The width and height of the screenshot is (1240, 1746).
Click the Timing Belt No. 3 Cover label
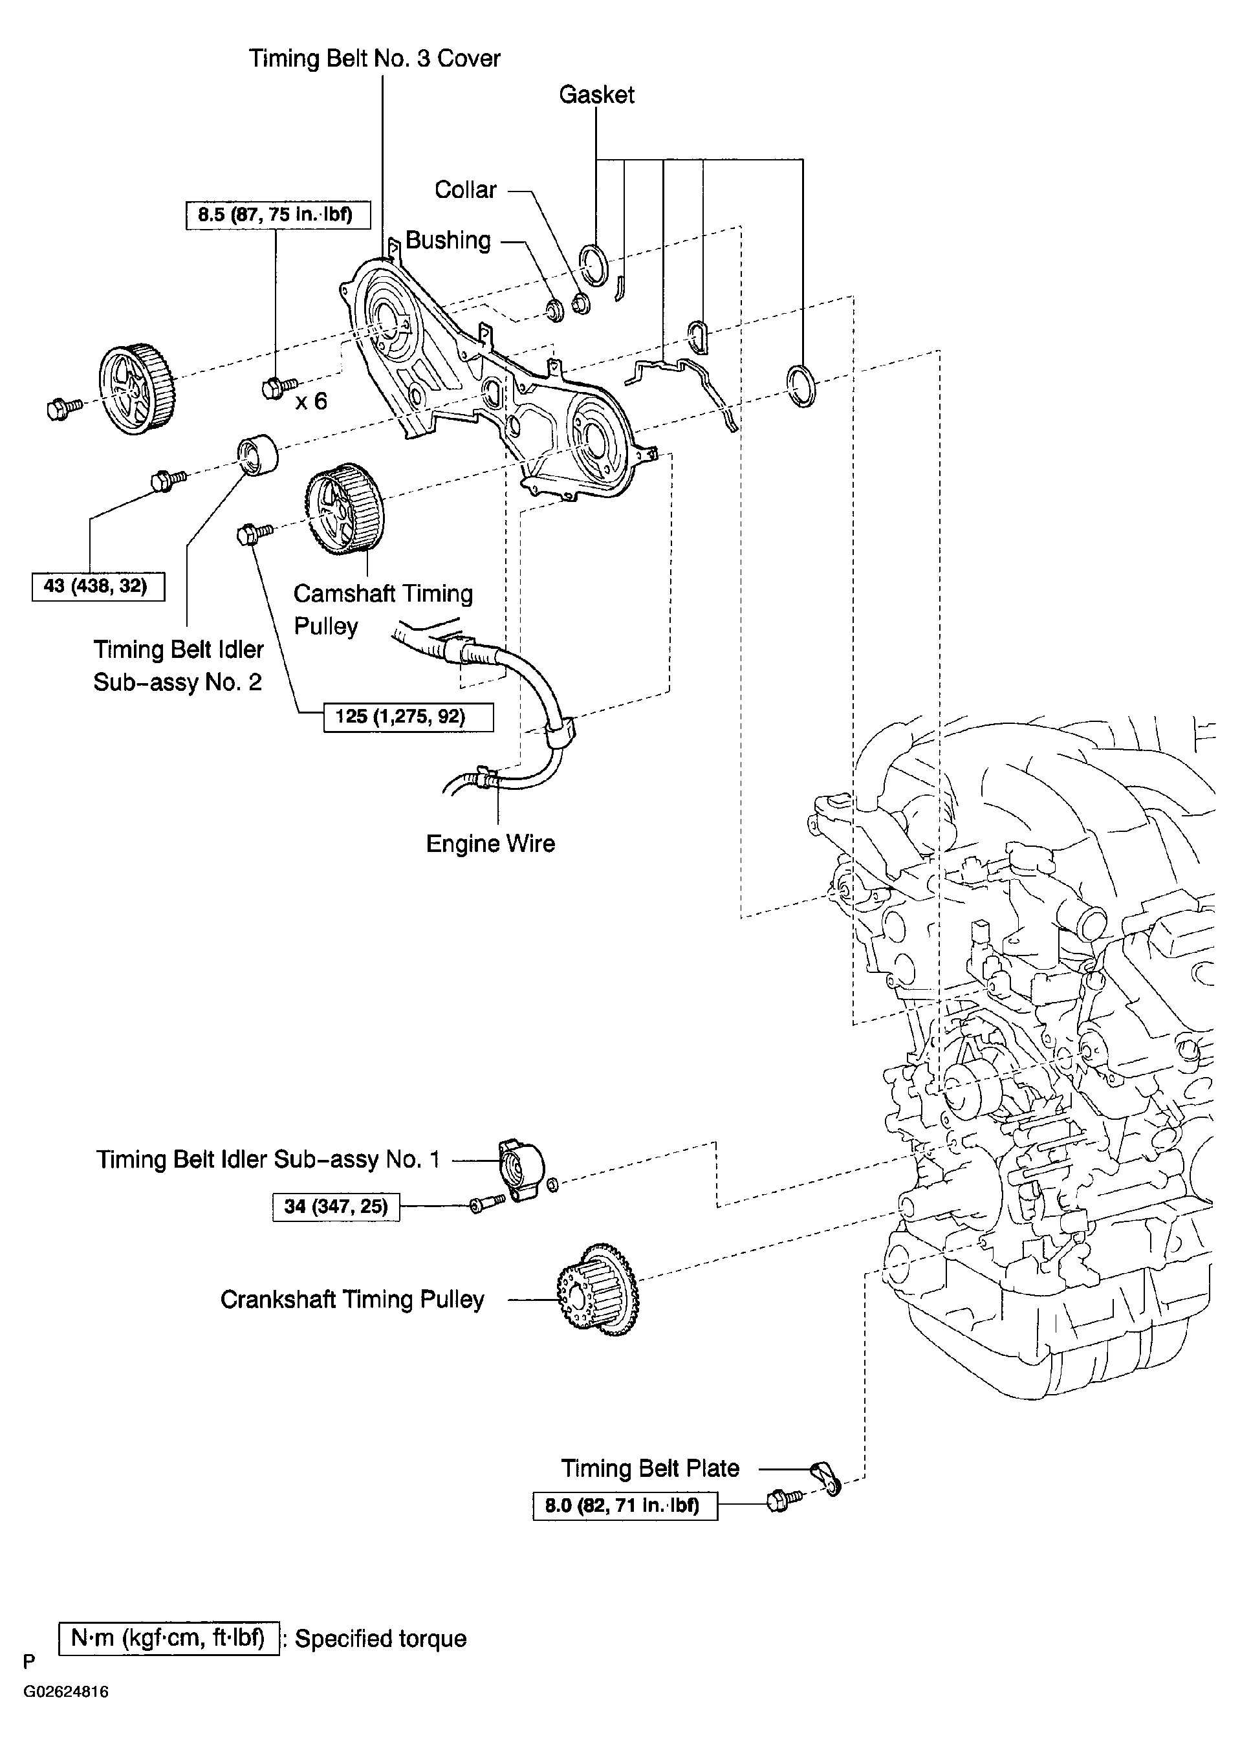click(374, 59)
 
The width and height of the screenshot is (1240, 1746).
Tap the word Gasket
click(596, 94)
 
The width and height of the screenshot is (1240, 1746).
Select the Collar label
click(466, 190)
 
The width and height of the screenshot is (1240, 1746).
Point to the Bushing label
click(448, 241)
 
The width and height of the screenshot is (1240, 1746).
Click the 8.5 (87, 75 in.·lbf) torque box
click(278, 215)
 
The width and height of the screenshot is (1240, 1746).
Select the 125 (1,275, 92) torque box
click(409, 717)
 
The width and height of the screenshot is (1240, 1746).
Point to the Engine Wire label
click(490, 844)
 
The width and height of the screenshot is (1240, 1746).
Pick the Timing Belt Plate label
click(651, 1468)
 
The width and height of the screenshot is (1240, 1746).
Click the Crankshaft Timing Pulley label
click(353, 1300)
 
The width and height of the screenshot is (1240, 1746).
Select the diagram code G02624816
click(66, 1692)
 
